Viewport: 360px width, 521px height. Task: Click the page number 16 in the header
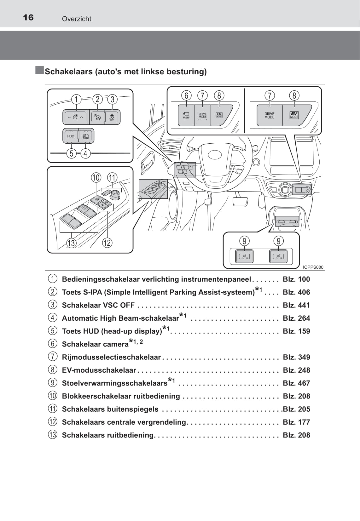click(x=28, y=17)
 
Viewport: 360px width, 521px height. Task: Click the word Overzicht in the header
click(x=77, y=19)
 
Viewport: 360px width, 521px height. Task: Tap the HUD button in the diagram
click(x=71, y=136)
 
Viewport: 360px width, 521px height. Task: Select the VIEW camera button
click(x=186, y=116)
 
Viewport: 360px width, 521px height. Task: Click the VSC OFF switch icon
click(x=112, y=117)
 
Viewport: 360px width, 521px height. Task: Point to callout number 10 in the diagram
click(x=96, y=178)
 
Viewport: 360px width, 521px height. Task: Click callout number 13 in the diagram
click(x=71, y=243)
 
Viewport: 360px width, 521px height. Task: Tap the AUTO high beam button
click(x=86, y=136)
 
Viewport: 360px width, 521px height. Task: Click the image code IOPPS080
click(x=313, y=267)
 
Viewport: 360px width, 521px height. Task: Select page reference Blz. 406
click(x=296, y=292)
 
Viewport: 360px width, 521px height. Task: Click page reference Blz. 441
click(x=296, y=305)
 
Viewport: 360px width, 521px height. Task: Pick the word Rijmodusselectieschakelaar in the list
click(x=111, y=357)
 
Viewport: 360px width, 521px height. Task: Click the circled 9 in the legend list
click(x=53, y=383)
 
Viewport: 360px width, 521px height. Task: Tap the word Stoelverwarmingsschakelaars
click(x=114, y=383)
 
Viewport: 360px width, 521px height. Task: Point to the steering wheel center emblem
click(x=216, y=155)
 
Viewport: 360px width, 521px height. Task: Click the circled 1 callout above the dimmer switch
click(x=76, y=100)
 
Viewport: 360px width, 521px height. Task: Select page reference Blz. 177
click(x=296, y=422)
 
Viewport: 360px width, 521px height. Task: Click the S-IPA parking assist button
click(x=97, y=117)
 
